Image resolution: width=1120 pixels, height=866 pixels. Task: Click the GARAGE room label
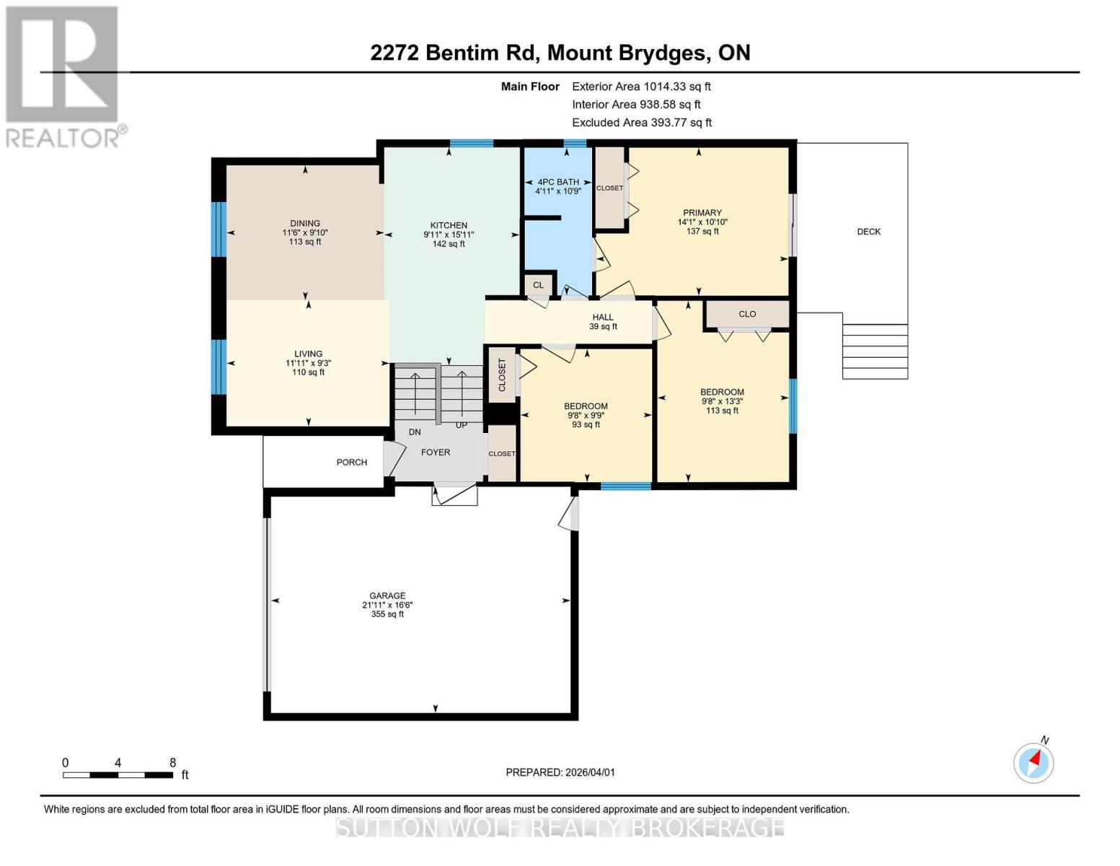[x=387, y=596]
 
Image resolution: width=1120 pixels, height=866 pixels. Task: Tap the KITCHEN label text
[x=449, y=225]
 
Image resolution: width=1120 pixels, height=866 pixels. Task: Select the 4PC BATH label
[x=558, y=183]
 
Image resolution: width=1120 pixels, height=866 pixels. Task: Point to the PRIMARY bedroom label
[x=702, y=213]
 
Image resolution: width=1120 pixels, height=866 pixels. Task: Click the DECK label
[x=868, y=232]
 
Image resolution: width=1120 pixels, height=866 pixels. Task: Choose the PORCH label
[x=351, y=463]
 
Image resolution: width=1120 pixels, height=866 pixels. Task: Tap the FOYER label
[x=436, y=452]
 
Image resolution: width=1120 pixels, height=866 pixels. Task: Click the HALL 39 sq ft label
[x=603, y=322]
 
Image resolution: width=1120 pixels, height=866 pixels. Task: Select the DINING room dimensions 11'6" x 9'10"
[x=305, y=233]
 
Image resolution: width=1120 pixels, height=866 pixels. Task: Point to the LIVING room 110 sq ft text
[x=308, y=372]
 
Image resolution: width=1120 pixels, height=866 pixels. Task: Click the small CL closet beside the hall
[x=538, y=285]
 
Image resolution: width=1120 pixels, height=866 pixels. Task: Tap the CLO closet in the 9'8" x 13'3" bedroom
[x=747, y=314]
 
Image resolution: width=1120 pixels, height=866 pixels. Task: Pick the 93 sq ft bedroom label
[x=586, y=424]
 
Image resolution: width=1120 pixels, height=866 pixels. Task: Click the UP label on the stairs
[x=462, y=425]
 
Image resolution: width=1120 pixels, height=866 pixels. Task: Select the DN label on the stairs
[x=415, y=432]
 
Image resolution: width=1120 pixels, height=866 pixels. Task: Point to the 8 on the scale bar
[x=172, y=763]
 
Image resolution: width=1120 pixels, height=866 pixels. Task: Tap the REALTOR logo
[x=63, y=76]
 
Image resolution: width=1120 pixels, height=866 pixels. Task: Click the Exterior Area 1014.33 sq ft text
[x=641, y=87]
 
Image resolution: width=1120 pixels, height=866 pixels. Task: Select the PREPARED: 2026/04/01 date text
[x=560, y=772]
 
